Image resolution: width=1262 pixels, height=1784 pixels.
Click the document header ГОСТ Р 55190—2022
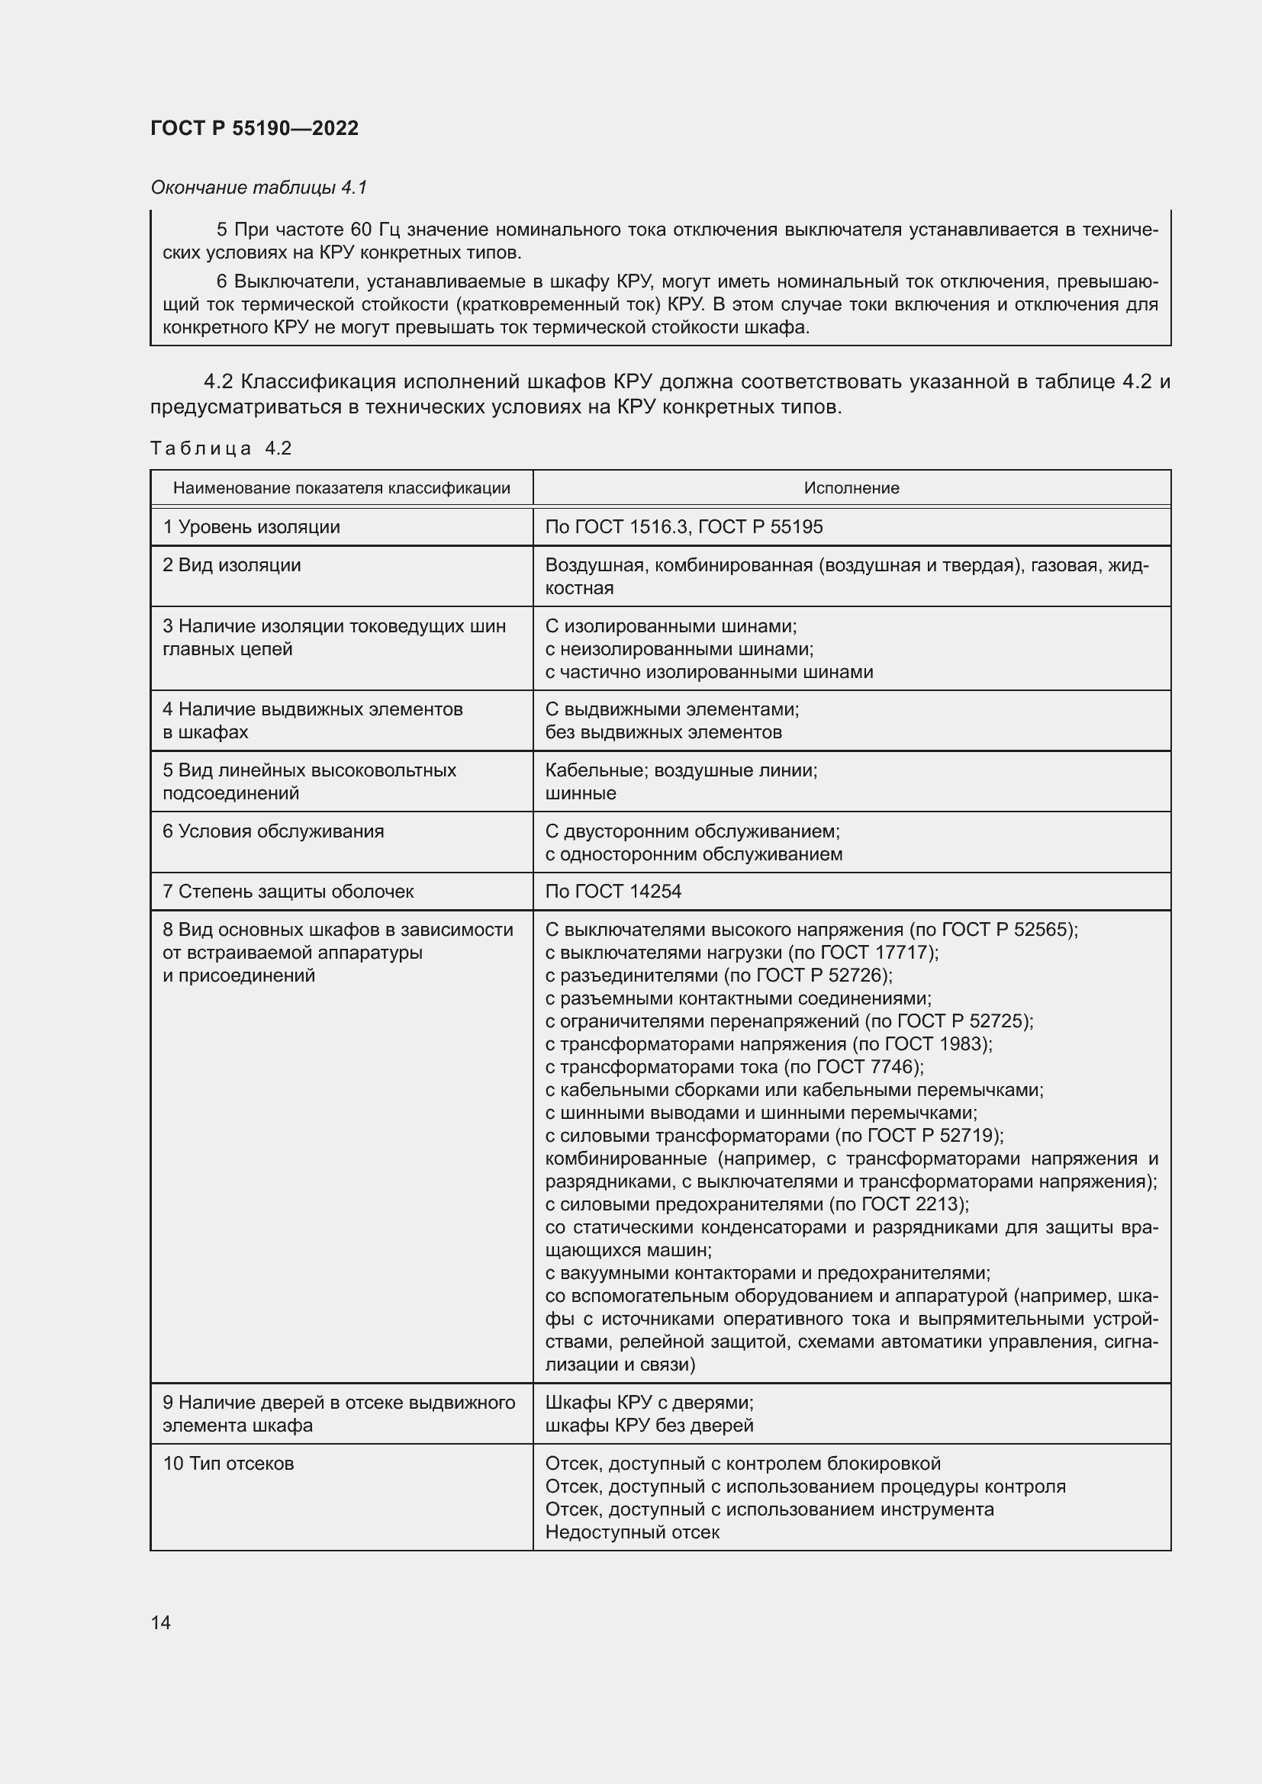pyautogui.click(x=254, y=128)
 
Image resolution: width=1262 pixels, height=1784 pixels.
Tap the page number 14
pyautogui.click(x=161, y=1622)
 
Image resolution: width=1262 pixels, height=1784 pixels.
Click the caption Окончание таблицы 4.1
pyautogui.click(x=258, y=188)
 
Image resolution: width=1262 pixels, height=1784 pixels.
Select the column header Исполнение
pyautogui.click(x=851, y=488)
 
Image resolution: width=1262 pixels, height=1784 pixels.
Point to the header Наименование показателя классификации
pyautogui.click(x=341, y=488)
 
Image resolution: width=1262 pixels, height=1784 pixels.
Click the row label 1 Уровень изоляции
pyautogui.click(x=251, y=527)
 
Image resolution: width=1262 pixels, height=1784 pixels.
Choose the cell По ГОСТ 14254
pyautogui.click(x=613, y=891)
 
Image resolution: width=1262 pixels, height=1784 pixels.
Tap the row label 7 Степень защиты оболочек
pyautogui.click(x=288, y=891)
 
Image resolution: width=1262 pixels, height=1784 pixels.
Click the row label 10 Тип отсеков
pyautogui.click(x=227, y=1464)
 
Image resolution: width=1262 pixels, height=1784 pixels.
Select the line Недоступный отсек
pyautogui.click(x=632, y=1532)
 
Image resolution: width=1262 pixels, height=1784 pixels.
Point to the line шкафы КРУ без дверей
pyautogui.click(x=649, y=1426)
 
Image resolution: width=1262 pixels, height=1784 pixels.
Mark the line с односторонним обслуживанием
pyautogui.click(x=693, y=855)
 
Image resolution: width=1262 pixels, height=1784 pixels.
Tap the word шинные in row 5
pyautogui.click(x=581, y=793)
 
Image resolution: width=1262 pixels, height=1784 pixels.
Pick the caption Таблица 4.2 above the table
pyautogui.click(x=221, y=448)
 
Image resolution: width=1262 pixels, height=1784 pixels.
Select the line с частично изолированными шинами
pyautogui.click(x=709, y=672)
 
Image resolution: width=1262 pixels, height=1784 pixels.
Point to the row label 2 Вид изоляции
pyautogui.click(x=232, y=565)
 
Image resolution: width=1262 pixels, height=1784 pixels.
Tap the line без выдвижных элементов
pyautogui.click(x=663, y=732)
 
